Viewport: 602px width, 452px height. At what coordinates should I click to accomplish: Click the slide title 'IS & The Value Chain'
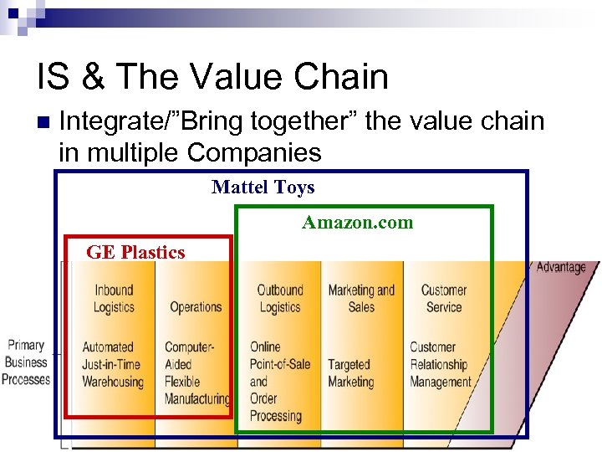click(x=212, y=77)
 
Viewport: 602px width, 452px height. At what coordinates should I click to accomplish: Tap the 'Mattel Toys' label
click(x=263, y=187)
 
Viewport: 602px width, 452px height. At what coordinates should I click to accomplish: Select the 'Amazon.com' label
click(x=357, y=223)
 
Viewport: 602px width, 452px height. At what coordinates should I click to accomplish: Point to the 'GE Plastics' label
click(x=135, y=252)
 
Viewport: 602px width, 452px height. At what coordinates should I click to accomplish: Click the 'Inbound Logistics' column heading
click(x=114, y=299)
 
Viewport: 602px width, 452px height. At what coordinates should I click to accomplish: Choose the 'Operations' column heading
click(x=196, y=307)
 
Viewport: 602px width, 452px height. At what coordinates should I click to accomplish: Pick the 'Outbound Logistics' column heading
click(x=279, y=299)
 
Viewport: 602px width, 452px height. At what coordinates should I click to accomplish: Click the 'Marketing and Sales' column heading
click(x=361, y=299)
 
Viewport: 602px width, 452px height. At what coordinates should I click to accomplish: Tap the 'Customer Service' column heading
click(x=443, y=299)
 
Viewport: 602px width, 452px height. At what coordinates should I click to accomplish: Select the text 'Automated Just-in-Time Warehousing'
click(x=113, y=364)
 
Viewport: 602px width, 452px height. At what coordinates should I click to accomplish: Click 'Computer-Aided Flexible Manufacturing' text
click(x=196, y=372)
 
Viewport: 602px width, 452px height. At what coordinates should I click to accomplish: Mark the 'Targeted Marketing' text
click(x=350, y=373)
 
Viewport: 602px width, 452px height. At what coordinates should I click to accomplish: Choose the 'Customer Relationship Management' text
click(x=441, y=364)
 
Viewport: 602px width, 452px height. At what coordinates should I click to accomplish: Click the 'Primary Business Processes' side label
click(x=26, y=362)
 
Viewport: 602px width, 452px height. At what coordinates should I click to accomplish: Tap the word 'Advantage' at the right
click(x=560, y=267)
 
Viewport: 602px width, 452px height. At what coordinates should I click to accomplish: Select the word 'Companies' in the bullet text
click(x=254, y=153)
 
